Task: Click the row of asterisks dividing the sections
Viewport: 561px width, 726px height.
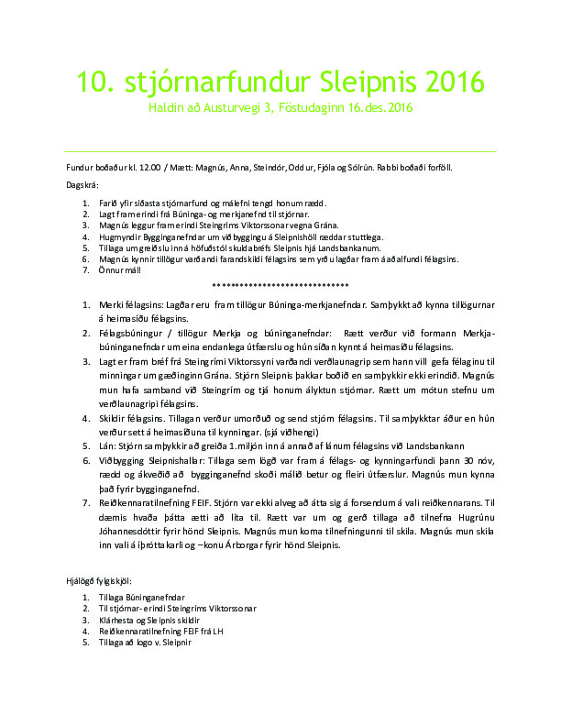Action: click(x=280, y=285)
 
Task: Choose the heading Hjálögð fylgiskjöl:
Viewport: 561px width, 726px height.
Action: click(x=93, y=581)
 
